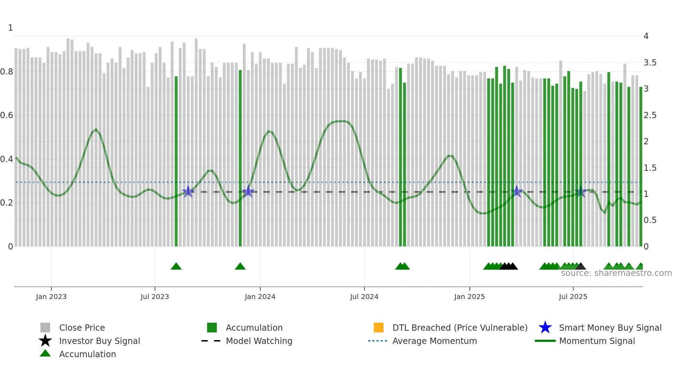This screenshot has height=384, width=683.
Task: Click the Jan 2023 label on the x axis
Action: coord(51,297)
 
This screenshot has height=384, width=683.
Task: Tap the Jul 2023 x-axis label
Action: coord(155,297)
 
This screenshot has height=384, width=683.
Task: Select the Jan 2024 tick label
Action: coord(260,297)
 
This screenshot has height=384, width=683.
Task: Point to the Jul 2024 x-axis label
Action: coord(364,297)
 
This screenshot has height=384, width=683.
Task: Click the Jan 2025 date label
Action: coord(469,297)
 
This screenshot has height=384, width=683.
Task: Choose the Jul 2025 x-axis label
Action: coord(573,297)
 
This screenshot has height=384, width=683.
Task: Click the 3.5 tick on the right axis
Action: coord(650,63)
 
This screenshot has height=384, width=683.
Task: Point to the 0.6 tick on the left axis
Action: coord(7,115)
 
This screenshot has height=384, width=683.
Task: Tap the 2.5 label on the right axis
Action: coord(650,115)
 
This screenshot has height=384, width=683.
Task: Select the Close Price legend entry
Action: coord(82,328)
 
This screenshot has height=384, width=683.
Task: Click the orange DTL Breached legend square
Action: coord(378,328)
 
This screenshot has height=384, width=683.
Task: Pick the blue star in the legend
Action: coord(545,328)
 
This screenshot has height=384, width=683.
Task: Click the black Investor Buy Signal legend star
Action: coord(45,341)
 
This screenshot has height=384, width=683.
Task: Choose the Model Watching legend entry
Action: coord(259,341)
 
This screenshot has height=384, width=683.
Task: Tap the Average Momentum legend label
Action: coord(435,341)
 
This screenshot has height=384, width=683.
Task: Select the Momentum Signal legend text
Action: coord(597,341)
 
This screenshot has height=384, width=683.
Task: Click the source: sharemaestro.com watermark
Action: coord(616,273)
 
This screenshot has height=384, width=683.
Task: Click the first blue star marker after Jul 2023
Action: coord(188,191)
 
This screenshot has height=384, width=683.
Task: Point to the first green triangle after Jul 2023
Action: coord(176,267)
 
